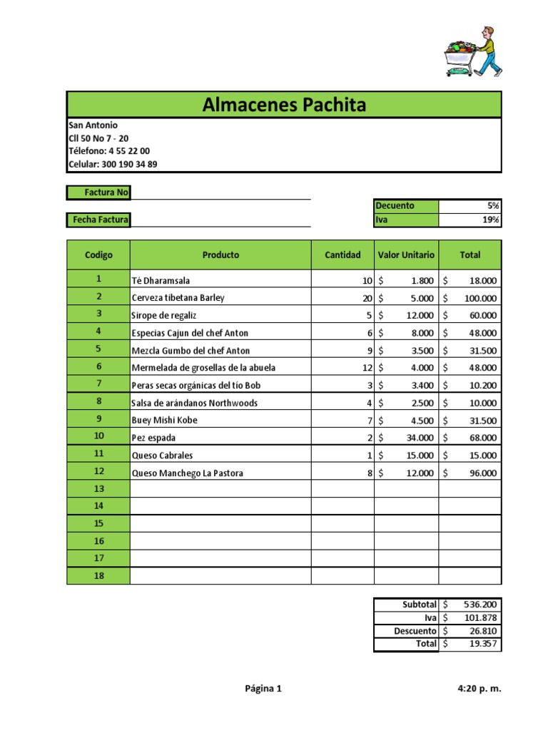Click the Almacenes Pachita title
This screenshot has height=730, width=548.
[x=284, y=106]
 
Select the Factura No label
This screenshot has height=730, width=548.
[x=99, y=192]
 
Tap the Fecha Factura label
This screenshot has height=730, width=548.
[x=99, y=220]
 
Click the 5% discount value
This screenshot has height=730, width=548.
[x=493, y=205]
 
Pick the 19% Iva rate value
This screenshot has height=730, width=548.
[x=491, y=220]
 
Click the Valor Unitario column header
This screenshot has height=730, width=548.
[x=406, y=255]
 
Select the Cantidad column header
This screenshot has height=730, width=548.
[x=342, y=255]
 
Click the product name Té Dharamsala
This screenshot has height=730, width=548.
[x=161, y=281]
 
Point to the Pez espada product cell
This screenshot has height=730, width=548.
[x=153, y=438]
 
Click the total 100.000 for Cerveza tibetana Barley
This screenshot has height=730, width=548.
[x=482, y=298]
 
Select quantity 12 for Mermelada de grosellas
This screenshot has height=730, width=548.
[x=367, y=368]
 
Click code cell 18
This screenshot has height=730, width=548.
[x=98, y=575]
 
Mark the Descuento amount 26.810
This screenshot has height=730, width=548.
[x=484, y=631]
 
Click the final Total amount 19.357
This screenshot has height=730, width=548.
[x=484, y=644]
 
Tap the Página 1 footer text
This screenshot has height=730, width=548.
[x=263, y=689]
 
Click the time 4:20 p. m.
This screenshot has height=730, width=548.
[x=479, y=689]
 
